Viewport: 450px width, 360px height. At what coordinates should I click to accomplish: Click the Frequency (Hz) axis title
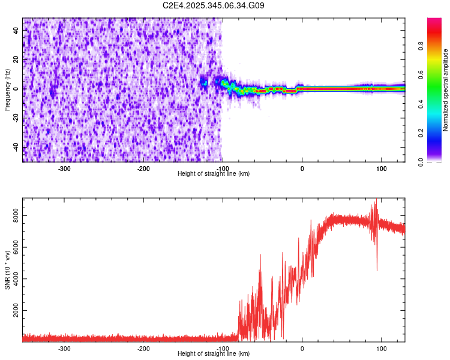tap(7, 90)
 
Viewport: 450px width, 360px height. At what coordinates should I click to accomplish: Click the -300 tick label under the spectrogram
tap(64, 168)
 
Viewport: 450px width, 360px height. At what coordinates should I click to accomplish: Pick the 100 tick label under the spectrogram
tap(381, 168)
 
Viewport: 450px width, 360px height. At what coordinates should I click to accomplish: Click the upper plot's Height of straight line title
tap(214, 173)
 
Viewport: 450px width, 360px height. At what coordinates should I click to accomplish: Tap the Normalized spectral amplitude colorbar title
tap(446, 90)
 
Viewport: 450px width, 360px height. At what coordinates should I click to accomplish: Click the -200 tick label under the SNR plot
tap(143, 348)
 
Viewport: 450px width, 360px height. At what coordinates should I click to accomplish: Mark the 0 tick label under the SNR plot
tap(302, 348)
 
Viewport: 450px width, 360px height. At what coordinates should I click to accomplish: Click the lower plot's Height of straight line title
tap(214, 353)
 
